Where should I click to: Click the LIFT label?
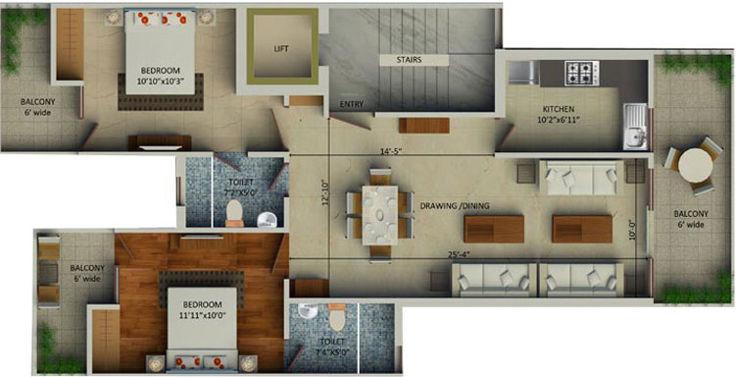tap(281, 47)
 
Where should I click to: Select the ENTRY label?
tap(353, 103)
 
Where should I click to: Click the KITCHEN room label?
tap(564, 109)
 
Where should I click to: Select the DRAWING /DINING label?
tap(457, 205)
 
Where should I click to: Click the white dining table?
tap(377, 213)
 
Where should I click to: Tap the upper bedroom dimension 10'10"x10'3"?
tap(161, 81)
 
